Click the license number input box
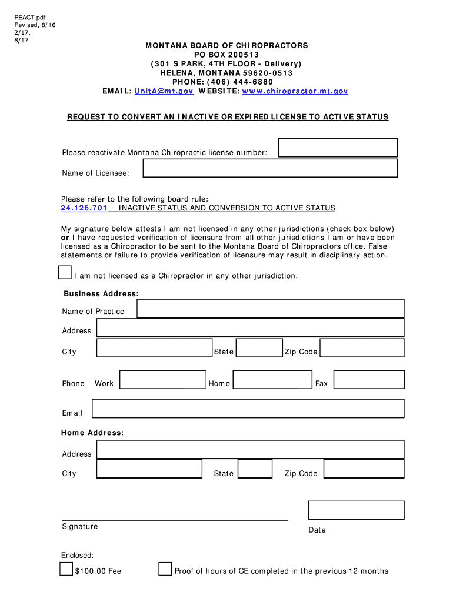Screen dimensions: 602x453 coord(338,148)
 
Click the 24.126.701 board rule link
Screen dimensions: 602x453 coord(84,208)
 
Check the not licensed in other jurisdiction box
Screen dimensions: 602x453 coord(65,272)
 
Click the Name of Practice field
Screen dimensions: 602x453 coord(270,309)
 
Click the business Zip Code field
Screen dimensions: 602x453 coord(362,348)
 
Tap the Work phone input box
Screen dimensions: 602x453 coord(163,380)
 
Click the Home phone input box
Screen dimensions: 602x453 coord(272,380)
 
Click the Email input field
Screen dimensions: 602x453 coord(248,409)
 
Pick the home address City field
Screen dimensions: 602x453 coord(149,469)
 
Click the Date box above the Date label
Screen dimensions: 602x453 coord(356,510)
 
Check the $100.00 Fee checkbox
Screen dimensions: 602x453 coord(66,569)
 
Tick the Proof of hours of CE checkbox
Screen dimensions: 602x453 coord(165,569)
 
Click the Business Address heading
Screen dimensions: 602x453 coord(101,293)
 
